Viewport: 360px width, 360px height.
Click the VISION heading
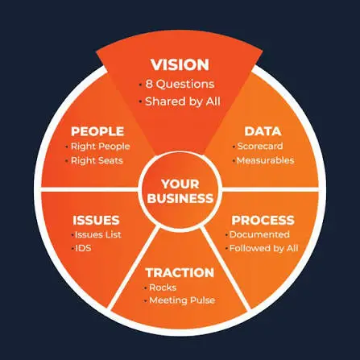tap(180, 64)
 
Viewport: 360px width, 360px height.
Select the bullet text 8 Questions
tap(180, 85)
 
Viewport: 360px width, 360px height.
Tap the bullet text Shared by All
tap(183, 101)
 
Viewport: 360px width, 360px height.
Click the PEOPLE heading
tap(97, 131)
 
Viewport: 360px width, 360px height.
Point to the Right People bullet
tap(101, 147)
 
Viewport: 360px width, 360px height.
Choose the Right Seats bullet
tap(97, 160)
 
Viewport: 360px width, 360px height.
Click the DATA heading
tap(263, 131)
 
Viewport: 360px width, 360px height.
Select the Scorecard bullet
tap(260, 146)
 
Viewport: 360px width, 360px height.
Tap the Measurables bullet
tap(265, 160)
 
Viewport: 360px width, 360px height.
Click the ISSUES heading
tap(96, 221)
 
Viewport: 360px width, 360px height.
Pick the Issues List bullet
tap(98, 234)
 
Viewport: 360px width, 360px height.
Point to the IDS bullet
tap(83, 248)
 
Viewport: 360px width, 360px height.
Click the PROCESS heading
tap(263, 221)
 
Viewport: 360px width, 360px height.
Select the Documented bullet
tap(259, 234)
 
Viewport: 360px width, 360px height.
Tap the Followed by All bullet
tap(263, 248)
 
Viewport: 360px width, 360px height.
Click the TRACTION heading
tap(180, 273)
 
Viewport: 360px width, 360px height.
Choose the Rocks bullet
tap(163, 288)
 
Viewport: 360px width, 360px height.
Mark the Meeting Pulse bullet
tap(182, 300)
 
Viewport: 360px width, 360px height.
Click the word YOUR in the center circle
tap(180, 184)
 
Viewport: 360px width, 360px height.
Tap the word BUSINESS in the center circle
tap(180, 198)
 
